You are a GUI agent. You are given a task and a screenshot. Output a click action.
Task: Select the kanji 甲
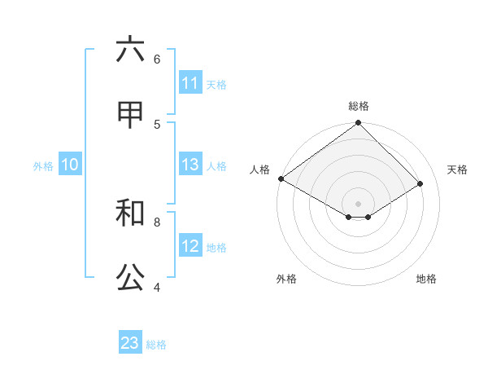(x=130, y=115)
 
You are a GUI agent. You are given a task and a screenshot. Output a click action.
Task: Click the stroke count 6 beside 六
(x=157, y=59)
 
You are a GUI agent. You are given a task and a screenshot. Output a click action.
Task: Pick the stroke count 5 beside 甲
(x=157, y=124)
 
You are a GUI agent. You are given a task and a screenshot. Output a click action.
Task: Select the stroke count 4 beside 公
(x=157, y=287)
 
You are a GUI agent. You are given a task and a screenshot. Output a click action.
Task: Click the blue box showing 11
(x=190, y=83)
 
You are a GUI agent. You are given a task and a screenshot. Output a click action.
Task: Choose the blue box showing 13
(x=190, y=165)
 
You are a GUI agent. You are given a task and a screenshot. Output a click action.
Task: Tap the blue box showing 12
(x=190, y=246)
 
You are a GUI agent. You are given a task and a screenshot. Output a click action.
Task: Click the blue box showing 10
(x=70, y=165)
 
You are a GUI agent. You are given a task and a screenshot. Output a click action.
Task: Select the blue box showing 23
(x=130, y=343)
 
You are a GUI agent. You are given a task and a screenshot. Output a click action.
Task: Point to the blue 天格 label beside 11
(x=216, y=84)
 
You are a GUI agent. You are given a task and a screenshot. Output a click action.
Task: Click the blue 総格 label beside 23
(x=156, y=345)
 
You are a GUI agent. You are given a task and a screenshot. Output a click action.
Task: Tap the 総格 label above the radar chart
(x=359, y=106)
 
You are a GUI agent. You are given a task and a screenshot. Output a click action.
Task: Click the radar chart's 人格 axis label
(x=259, y=169)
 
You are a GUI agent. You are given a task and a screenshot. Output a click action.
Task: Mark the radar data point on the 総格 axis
(x=359, y=124)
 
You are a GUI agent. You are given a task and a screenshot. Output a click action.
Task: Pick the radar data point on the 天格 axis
(x=420, y=184)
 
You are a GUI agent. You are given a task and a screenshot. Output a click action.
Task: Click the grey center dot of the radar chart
(x=359, y=203)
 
